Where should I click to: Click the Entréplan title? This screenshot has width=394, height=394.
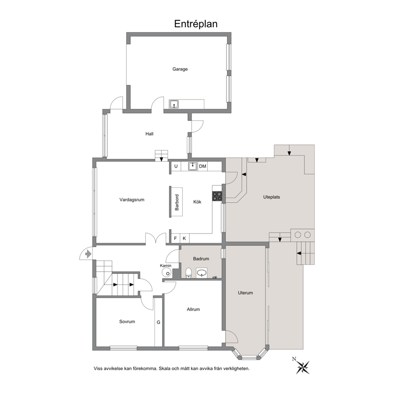(196, 24)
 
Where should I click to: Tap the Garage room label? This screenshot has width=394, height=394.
(180, 69)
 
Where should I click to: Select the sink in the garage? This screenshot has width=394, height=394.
(174, 104)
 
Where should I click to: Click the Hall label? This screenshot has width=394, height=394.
(149, 134)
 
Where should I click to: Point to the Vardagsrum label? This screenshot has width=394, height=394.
(132, 200)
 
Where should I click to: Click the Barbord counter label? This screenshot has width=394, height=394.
(177, 202)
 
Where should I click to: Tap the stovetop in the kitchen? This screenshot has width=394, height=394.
(217, 196)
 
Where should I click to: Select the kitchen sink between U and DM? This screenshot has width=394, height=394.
(193, 166)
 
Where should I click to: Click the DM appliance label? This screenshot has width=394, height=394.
(203, 166)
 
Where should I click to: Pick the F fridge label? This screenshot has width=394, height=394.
(176, 238)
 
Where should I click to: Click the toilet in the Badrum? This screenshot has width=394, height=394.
(188, 273)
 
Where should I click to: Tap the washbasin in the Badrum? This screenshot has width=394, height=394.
(202, 273)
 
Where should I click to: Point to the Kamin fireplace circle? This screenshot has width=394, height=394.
(166, 272)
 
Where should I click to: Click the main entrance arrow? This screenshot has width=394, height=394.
(88, 254)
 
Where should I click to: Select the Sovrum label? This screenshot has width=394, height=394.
(127, 321)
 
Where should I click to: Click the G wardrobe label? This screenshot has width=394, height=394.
(158, 322)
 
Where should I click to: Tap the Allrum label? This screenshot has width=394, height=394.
(193, 309)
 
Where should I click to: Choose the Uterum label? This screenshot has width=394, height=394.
(245, 293)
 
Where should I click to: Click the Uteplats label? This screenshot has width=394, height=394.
(271, 197)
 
